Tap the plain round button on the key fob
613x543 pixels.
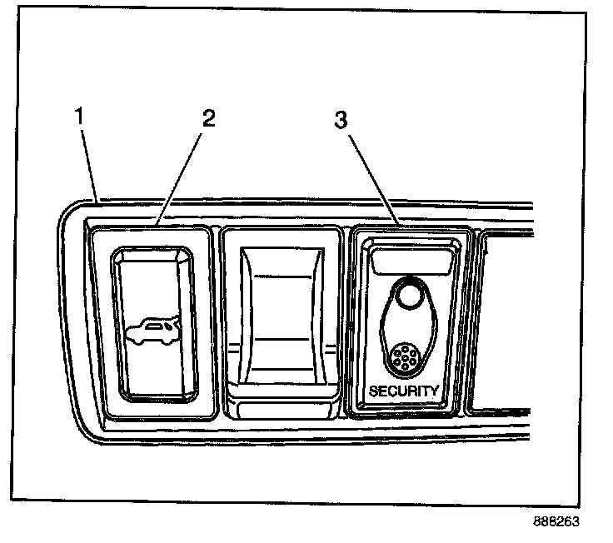pos(408,294)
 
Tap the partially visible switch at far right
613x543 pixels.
pos(500,325)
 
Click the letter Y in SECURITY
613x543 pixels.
pos(434,391)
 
